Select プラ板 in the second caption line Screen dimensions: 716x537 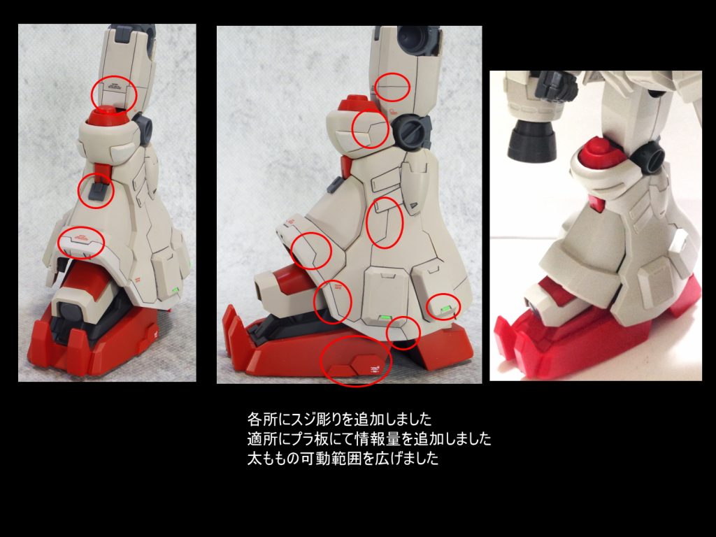[x=313, y=438]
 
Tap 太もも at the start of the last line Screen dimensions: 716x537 [x=269, y=458]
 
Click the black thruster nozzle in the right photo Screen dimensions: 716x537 [x=533, y=142]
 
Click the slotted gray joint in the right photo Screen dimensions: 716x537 [x=650, y=157]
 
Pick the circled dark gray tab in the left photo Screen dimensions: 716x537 [x=98, y=192]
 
